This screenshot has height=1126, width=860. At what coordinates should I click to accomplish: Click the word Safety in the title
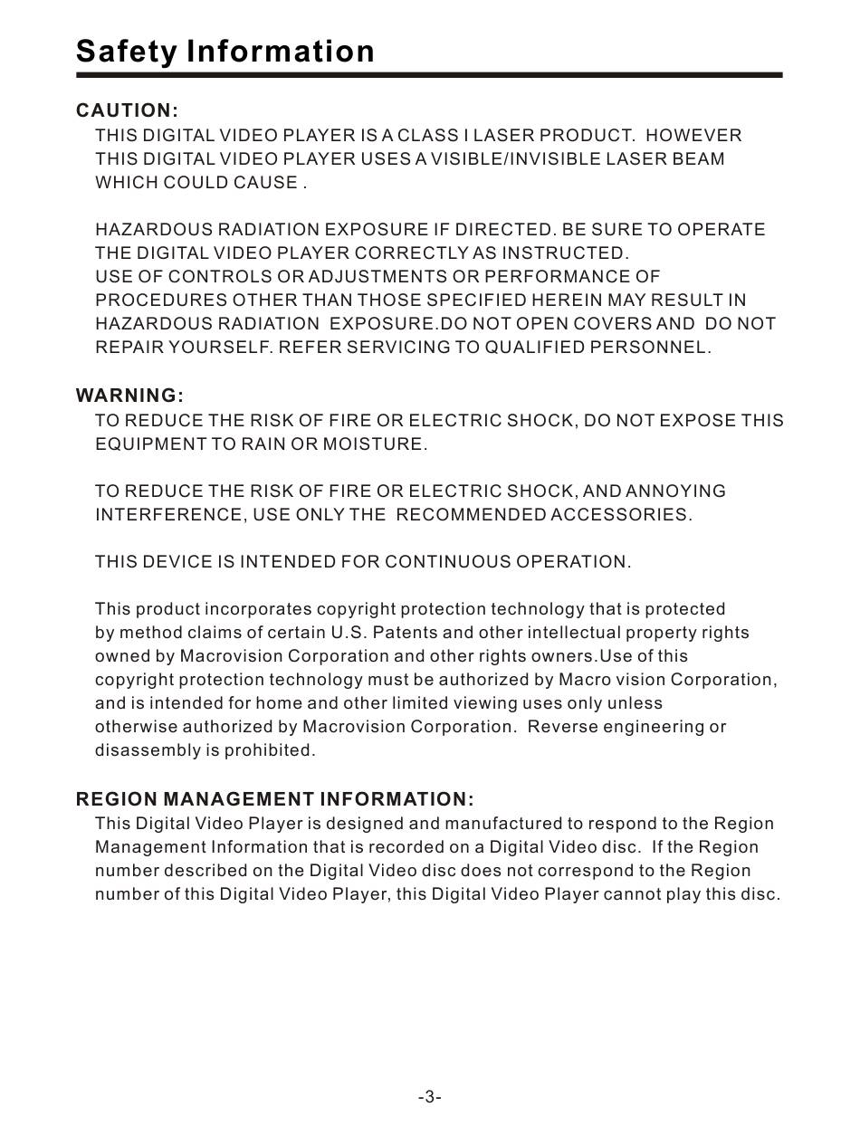(x=127, y=51)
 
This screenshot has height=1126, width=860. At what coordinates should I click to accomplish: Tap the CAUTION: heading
(x=127, y=111)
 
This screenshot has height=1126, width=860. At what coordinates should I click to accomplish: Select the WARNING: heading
(x=129, y=396)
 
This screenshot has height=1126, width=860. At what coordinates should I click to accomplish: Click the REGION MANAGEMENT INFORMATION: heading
(x=274, y=799)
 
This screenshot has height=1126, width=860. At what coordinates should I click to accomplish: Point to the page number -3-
(x=429, y=1097)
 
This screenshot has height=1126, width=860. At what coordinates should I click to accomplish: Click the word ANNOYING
(x=676, y=491)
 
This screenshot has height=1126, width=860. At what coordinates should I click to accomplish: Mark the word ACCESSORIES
(x=622, y=515)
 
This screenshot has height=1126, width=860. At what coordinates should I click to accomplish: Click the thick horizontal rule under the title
(x=429, y=75)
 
